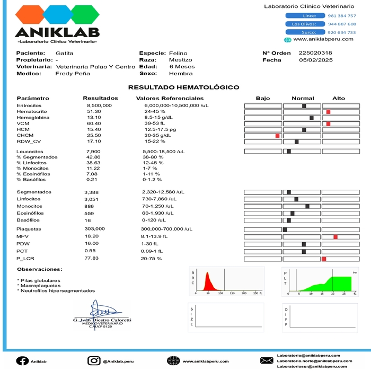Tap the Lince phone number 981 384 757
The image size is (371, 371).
coord(342,16)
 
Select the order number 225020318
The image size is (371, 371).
coord(315,53)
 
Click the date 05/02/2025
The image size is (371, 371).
coord(315,60)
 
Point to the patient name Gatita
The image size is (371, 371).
coord(65,53)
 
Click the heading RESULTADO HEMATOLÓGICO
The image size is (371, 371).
coord(183,87)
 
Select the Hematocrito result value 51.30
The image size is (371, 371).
coord(94,112)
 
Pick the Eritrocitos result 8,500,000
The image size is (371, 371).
coord(99,106)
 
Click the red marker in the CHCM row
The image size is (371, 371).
coord(277,136)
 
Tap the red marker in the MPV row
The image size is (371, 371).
coord(335,236)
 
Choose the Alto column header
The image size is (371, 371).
coord(338,99)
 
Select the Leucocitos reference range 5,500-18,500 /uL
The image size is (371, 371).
coord(164,152)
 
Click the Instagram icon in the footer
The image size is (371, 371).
coord(94,361)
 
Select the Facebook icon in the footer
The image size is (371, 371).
coord(22,361)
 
